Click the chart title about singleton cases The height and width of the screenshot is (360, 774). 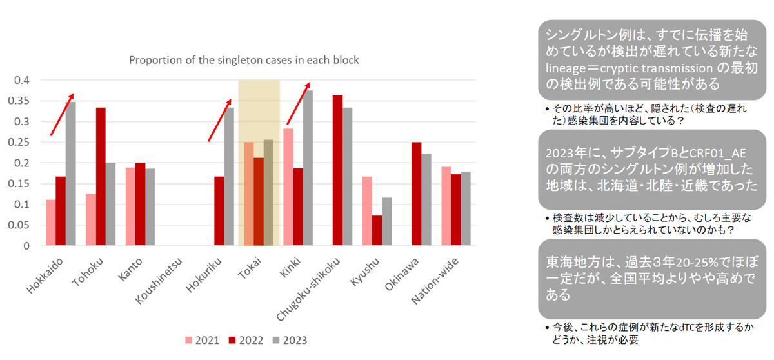click(244, 60)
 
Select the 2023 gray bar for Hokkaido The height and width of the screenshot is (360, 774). click(70, 174)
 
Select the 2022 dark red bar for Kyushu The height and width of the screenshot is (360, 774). click(378, 230)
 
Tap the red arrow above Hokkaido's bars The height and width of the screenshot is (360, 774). click(63, 114)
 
